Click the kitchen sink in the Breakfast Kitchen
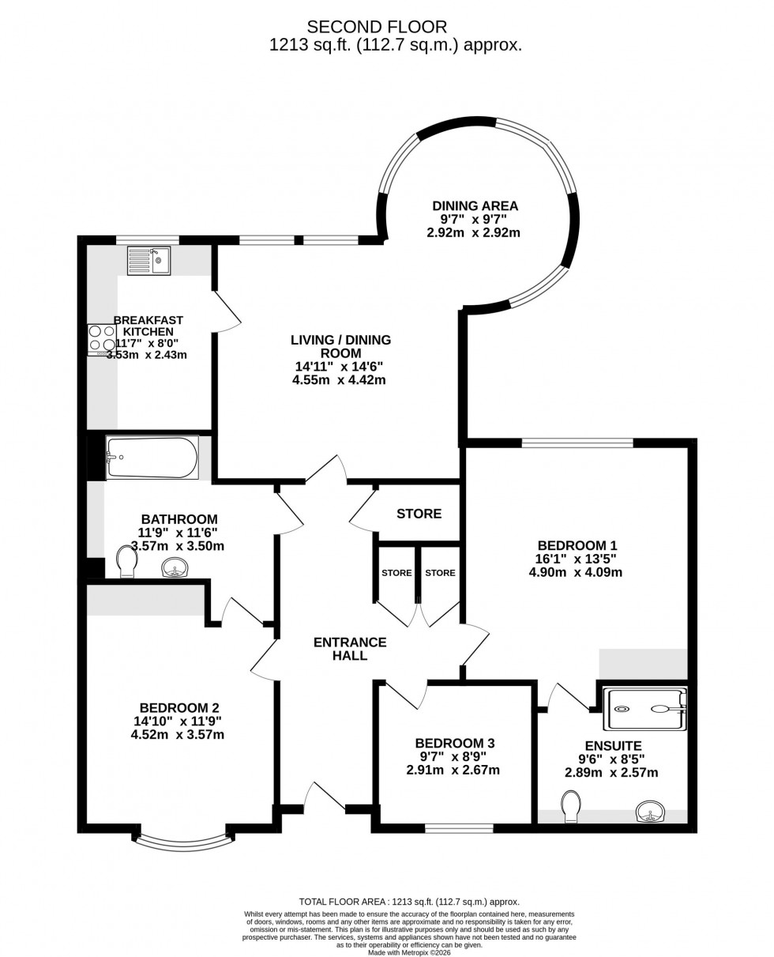[148, 261]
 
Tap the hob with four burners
[102, 339]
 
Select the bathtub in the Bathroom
[152, 458]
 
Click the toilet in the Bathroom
[126, 561]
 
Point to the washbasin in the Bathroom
[175, 567]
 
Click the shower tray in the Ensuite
[644, 709]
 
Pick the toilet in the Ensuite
[572, 806]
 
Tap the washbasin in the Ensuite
[650, 811]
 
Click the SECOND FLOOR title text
[377, 28]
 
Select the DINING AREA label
[475, 206]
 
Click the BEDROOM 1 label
[577, 545]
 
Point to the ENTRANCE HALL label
[350, 649]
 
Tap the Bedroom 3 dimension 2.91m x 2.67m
[453, 770]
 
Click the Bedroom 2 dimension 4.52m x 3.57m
[178, 734]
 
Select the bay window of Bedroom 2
[183, 843]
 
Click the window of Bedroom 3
[459, 828]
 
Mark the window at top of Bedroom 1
[577, 443]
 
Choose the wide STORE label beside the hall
[419, 514]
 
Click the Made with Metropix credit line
[408, 952]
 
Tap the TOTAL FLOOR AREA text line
[408, 902]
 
